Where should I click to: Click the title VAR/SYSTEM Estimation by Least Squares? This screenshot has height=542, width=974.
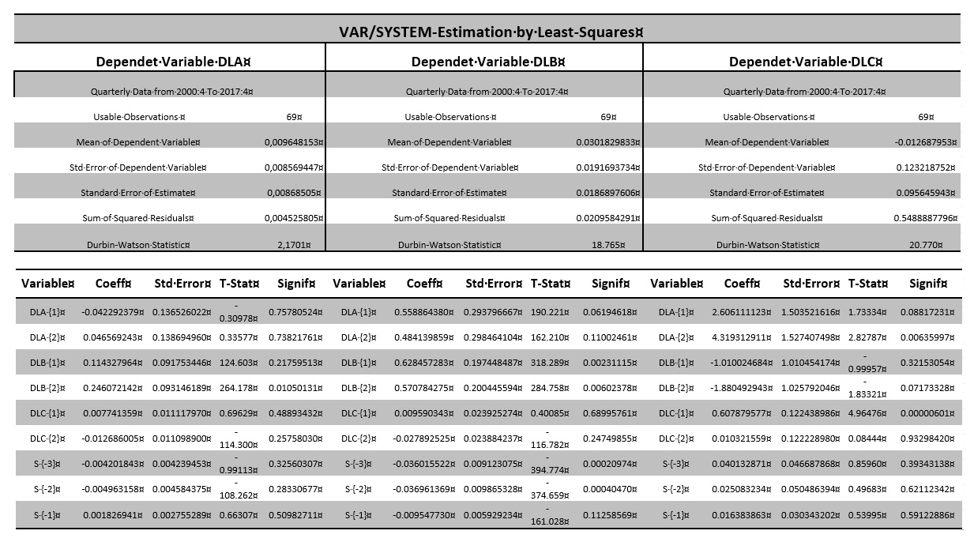point(486,32)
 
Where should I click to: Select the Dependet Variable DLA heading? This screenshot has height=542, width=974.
point(173,62)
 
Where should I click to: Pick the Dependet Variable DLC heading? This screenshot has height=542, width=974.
point(806,62)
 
